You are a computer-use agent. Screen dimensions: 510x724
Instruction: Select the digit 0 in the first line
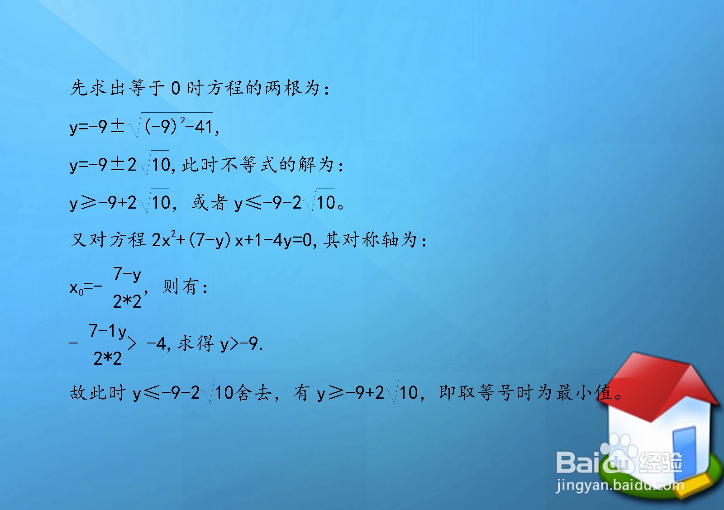point(176,88)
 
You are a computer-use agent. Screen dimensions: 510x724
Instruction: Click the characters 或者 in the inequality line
point(209,203)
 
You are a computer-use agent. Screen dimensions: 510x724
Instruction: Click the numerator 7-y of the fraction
point(127,274)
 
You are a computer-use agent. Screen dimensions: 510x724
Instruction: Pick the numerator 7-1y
point(108,331)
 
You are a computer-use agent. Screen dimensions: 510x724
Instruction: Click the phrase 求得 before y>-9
point(195,344)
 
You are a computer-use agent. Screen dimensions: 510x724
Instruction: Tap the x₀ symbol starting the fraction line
point(76,288)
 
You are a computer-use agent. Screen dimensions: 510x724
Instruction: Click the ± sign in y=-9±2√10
point(117,164)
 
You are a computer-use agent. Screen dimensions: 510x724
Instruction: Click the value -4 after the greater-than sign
point(157,344)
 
